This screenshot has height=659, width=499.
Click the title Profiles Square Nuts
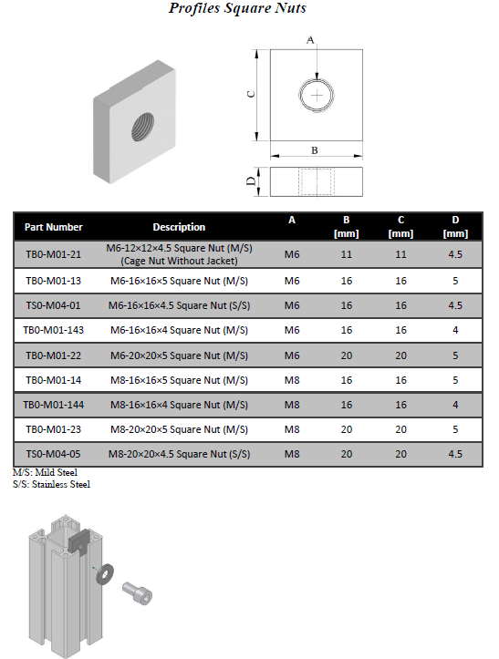(x=237, y=8)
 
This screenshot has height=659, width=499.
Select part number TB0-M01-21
(x=54, y=254)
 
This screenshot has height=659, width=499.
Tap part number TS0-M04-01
(x=54, y=305)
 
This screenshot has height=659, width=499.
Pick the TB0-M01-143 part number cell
(x=54, y=330)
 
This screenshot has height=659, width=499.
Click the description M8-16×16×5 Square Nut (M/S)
(x=179, y=380)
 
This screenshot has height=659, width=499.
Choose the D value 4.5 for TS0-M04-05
(x=455, y=454)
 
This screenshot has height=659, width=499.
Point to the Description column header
(x=179, y=227)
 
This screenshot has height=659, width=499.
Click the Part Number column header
(x=54, y=227)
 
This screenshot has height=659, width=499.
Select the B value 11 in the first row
(x=347, y=254)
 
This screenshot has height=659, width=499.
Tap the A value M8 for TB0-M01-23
(x=292, y=429)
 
